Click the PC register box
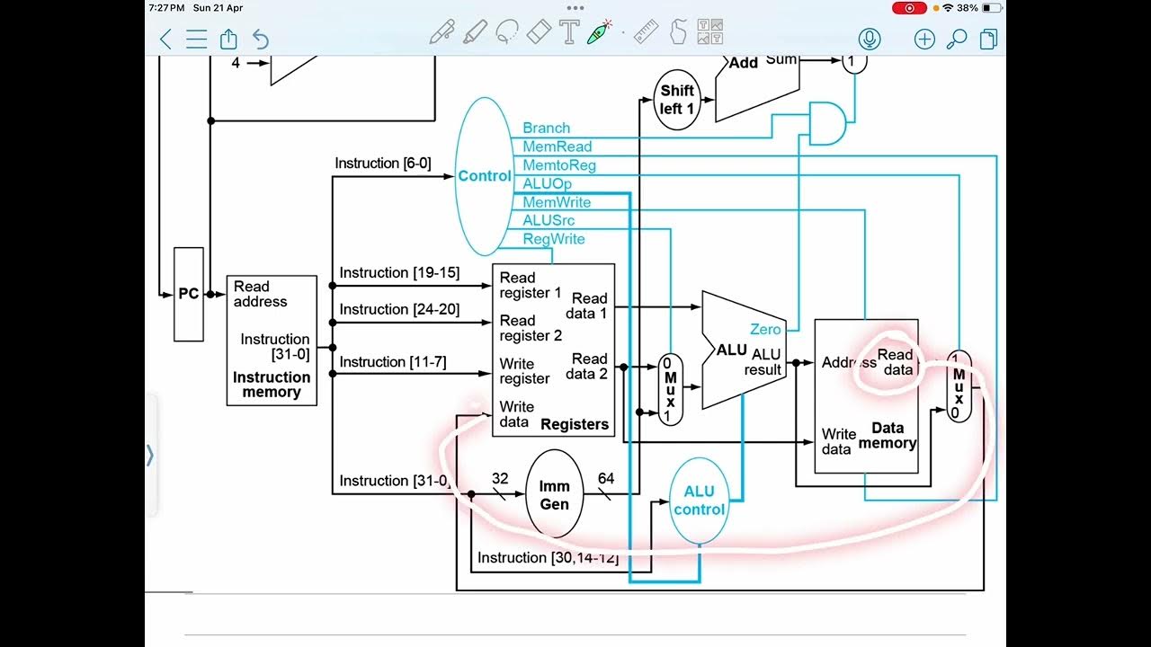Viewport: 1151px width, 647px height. click(x=188, y=294)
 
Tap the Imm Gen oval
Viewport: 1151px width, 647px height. click(x=554, y=494)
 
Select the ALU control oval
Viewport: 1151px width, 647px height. click(x=699, y=501)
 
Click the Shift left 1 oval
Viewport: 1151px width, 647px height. click(x=676, y=99)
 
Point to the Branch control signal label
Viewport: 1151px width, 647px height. click(x=546, y=129)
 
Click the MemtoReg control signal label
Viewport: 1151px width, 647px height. click(x=558, y=165)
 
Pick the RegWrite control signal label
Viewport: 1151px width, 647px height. click(x=553, y=239)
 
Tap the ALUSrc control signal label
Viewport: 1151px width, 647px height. click(x=549, y=221)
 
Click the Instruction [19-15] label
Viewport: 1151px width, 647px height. click(x=399, y=273)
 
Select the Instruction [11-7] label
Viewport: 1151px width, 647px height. click(x=392, y=362)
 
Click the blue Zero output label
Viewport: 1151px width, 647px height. click(x=765, y=330)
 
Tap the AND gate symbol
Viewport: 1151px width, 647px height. click(x=826, y=123)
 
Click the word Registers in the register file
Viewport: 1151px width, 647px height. click(x=575, y=424)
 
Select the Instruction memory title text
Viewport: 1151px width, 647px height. click(x=272, y=385)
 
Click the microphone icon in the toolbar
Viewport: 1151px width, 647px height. click(x=869, y=39)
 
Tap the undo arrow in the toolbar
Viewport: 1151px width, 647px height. click(x=261, y=39)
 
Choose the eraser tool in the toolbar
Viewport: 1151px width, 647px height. click(x=536, y=33)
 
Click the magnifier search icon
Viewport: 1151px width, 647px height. click(x=957, y=39)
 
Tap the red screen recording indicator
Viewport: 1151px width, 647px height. click(x=909, y=8)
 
